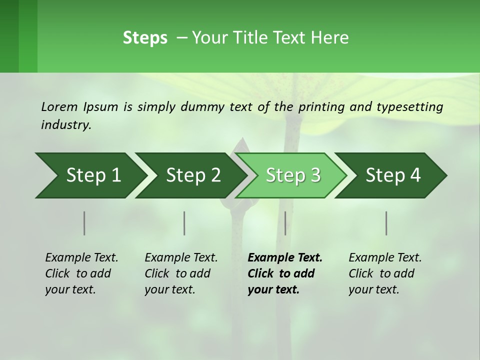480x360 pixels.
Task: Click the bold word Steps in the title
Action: [145, 38]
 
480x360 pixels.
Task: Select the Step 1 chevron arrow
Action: [90, 175]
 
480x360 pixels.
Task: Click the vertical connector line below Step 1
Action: [84, 223]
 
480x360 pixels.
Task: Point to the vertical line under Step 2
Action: [184, 223]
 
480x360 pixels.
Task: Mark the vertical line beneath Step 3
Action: [285, 223]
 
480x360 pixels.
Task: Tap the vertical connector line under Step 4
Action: [386, 223]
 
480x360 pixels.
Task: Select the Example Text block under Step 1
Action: [81, 273]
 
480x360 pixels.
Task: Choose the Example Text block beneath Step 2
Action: [181, 273]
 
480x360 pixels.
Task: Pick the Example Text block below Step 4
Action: [385, 273]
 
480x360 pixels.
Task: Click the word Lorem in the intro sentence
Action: [59, 106]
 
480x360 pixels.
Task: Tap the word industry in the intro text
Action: [66, 124]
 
